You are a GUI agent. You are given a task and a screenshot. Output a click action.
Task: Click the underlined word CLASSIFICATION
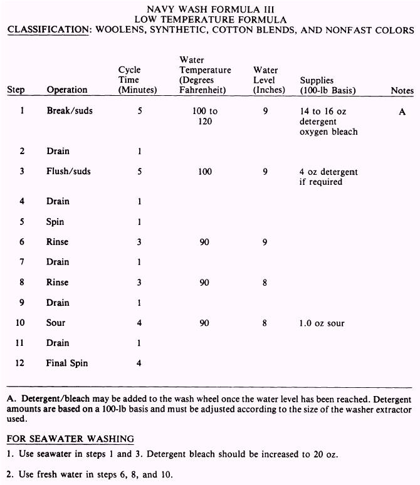46,30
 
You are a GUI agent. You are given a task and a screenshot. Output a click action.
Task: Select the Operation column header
66,90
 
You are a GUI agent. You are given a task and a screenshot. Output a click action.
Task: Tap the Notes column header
402,90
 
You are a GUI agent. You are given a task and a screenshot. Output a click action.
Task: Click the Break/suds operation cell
69,111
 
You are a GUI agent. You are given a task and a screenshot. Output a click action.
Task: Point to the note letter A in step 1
402,112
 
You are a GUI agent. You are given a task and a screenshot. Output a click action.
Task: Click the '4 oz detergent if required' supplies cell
328,177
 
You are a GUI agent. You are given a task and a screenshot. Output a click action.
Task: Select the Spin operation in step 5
55,222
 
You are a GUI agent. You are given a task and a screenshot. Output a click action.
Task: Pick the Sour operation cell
56,323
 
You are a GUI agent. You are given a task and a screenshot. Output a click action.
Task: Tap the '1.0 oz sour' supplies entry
322,323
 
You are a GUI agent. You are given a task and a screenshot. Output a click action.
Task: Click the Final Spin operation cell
66,363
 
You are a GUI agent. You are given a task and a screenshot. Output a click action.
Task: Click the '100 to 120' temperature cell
205,116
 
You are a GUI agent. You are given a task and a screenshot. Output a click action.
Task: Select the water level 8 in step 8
265,283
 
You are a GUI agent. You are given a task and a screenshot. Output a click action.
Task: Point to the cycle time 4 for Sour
139,323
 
